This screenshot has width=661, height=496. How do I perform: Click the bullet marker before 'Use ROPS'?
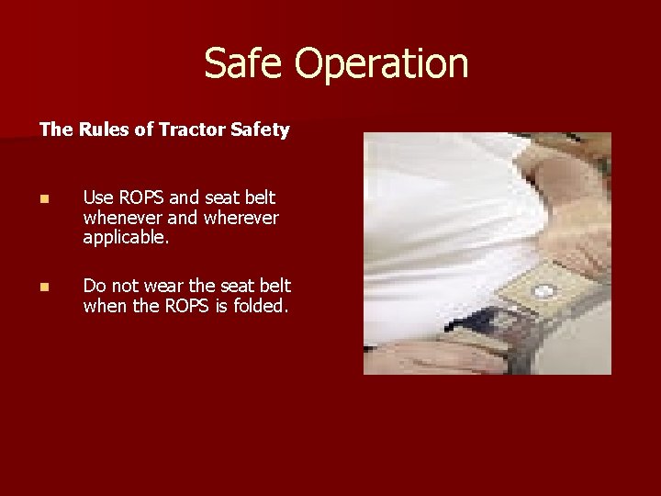click(45, 198)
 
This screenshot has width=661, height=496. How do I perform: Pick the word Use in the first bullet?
click(98, 197)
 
